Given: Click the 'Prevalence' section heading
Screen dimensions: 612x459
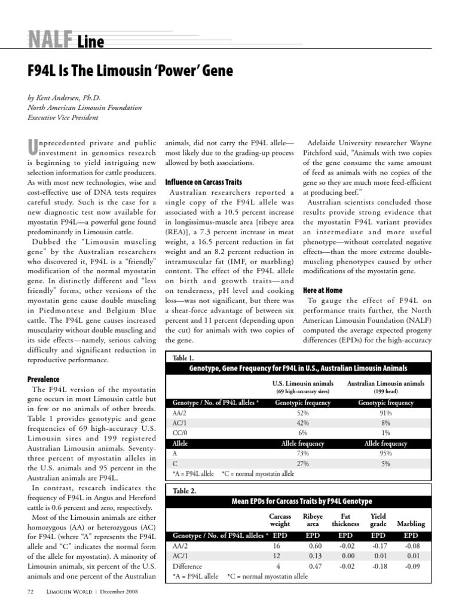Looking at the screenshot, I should (47, 380).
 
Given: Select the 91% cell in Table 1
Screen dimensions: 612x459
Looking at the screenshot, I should (385, 413).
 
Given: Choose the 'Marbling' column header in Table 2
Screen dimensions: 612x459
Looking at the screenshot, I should (411, 524).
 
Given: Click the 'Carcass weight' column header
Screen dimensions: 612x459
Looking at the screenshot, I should (280, 520).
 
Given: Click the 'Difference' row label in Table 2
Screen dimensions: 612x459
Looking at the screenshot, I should (187, 565).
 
